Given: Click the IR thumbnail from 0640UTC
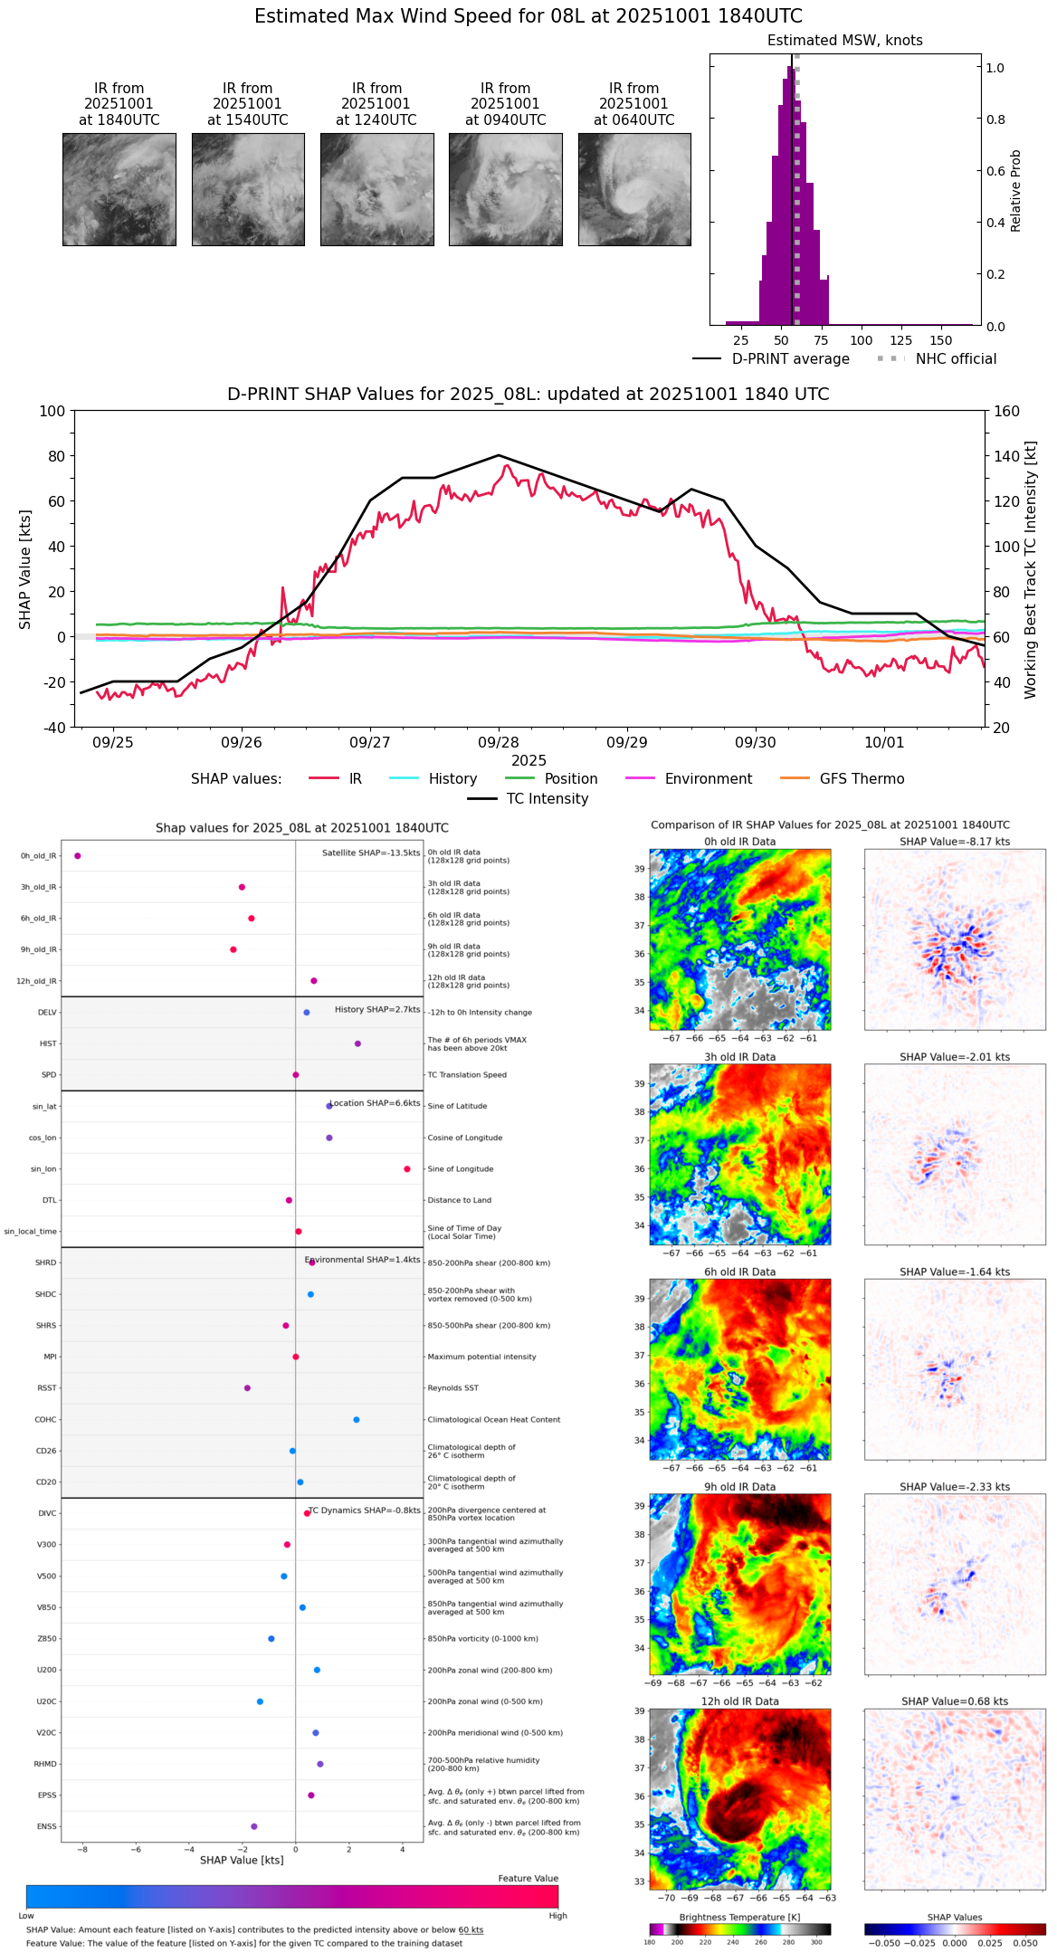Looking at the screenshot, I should [634, 189].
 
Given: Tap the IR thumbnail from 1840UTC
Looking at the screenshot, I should [119, 189].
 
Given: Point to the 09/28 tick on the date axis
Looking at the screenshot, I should [499, 742].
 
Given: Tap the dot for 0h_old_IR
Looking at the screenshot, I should [78, 856].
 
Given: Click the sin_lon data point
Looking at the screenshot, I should [407, 1169].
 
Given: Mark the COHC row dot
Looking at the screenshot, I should [357, 1420].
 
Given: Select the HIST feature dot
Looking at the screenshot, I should [357, 1044].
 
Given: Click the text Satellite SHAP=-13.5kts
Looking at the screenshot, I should [371, 853].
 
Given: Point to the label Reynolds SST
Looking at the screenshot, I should [452, 1388].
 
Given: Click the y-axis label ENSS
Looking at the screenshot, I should [46, 1827].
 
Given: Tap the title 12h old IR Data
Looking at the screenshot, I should [739, 1702].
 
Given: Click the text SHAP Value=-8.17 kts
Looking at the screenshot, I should [955, 843].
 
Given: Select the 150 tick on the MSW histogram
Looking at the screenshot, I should [941, 341].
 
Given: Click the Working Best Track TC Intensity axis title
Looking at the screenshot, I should [1031, 570].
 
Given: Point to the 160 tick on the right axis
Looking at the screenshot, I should [1007, 412].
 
